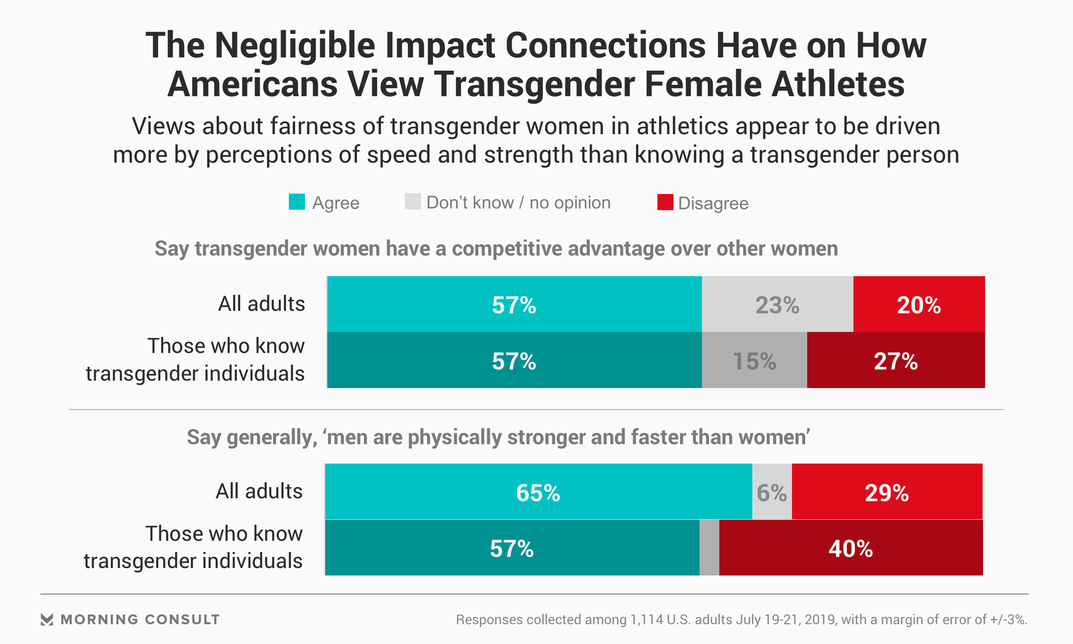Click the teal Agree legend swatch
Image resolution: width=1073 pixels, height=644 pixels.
click(x=297, y=202)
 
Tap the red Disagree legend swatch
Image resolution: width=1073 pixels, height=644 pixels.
click(x=665, y=202)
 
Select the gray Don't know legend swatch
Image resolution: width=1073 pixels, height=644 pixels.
click(x=412, y=202)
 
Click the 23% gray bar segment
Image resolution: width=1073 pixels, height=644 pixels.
click(x=777, y=305)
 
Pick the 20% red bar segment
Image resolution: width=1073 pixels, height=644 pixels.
click(x=919, y=305)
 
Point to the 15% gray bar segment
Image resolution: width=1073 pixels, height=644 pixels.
click(x=754, y=361)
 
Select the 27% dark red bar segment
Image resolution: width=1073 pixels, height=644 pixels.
click(x=896, y=361)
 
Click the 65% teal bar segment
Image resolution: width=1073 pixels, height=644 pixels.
click(x=538, y=492)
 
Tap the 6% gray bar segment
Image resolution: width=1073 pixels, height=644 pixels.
click(x=772, y=492)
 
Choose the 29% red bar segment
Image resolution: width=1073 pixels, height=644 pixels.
click(x=887, y=492)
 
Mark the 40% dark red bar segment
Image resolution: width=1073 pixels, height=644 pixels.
click(x=851, y=548)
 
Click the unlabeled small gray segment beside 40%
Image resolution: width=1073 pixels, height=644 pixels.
click(x=709, y=548)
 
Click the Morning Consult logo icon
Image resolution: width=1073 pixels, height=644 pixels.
click(x=47, y=619)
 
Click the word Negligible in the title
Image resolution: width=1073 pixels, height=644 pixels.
click(x=295, y=46)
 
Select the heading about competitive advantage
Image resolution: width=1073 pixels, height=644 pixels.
click(x=496, y=249)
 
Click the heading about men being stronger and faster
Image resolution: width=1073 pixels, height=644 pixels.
click(x=498, y=437)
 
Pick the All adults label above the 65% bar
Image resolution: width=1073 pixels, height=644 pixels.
click(x=259, y=491)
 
